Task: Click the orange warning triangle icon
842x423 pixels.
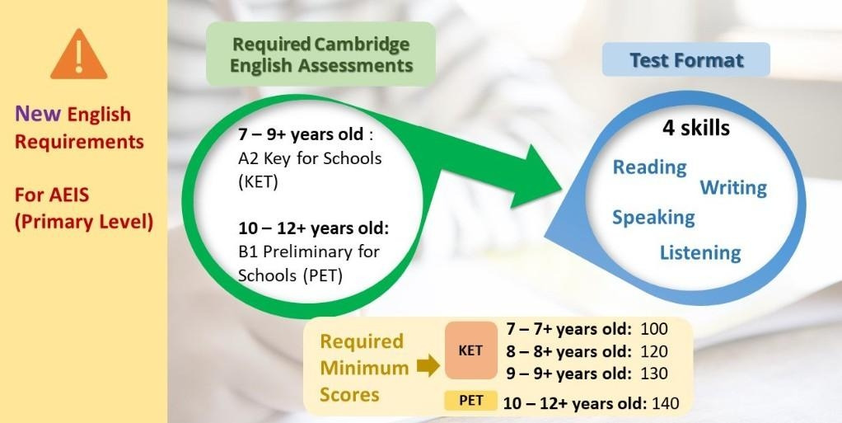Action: (x=79, y=54)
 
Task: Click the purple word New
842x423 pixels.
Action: (x=38, y=114)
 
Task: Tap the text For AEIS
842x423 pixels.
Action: (x=52, y=194)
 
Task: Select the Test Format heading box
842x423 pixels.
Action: (x=685, y=59)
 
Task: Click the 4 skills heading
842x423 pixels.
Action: (x=696, y=128)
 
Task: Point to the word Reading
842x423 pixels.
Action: (x=650, y=167)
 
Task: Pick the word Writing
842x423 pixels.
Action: (x=733, y=187)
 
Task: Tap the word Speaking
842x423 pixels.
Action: (x=653, y=218)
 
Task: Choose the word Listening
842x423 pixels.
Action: (x=700, y=252)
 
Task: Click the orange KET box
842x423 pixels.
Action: (x=470, y=350)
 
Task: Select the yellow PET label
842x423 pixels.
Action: (x=470, y=401)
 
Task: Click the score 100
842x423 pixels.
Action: (x=653, y=329)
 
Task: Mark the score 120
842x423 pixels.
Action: (x=653, y=351)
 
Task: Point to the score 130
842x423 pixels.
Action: (x=653, y=373)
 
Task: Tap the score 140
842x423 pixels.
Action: (x=665, y=403)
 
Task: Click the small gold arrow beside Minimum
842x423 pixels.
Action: (x=428, y=367)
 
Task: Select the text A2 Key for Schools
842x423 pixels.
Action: (x=310, y=159)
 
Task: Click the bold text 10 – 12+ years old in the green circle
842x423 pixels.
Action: (x=312, y=228)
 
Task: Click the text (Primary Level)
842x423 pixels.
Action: (x=84, y=222)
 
